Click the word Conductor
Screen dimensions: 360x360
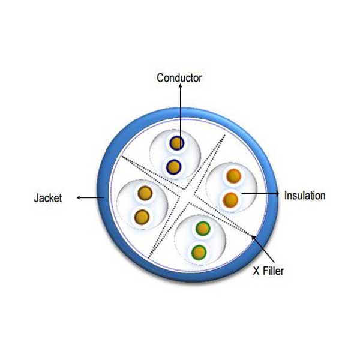point(179,78)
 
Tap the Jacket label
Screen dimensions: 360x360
point(48,198)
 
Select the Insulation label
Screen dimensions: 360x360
point(305,196)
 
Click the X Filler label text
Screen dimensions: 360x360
point(268,271)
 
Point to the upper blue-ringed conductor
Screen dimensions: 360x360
point(177,143)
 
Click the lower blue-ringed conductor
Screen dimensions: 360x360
point(174,167)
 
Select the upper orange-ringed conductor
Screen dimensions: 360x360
point(233,176)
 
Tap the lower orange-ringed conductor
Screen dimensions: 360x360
point(230,200)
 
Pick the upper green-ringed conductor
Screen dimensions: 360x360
point(203,229)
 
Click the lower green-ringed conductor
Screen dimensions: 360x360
point(199,253)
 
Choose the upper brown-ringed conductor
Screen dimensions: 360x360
point(145,193)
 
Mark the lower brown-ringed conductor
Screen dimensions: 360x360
point(142,217)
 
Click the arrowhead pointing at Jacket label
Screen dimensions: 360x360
point(78,197)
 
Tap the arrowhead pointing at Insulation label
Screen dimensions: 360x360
point(277,194)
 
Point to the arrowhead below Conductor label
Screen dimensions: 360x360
point(180,85)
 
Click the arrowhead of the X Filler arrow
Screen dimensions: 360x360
point(253,238)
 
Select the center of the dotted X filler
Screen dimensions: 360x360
point(187,196)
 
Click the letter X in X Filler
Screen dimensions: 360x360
point(256,271)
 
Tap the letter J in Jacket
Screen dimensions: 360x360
point(36,198)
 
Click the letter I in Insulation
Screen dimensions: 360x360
point(286,196)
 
